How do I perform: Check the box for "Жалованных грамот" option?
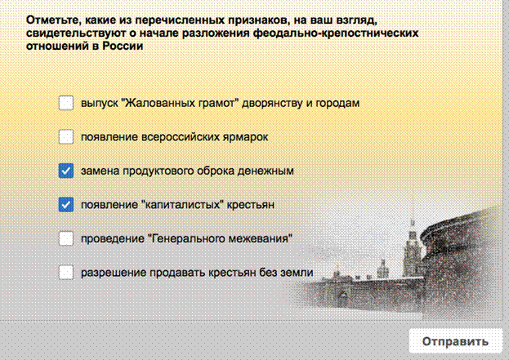pyautogui.click(x=66, y=103)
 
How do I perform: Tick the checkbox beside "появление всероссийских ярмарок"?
pyautogui.click(x=66, y=136)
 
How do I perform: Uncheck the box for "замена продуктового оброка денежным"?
pyautogui.click(x=66, y=171)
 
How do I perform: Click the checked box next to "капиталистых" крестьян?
pyautogui.click(x=66, y=205)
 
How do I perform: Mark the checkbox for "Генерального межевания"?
pyautogui.click(x=66, y=238)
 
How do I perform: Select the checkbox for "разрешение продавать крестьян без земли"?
pyautogui.click(x=66, y=272)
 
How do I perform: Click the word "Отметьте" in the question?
pyautogui.click(x=54, y=20)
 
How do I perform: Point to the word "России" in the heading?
pyautogui.click(x=123, y=46)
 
